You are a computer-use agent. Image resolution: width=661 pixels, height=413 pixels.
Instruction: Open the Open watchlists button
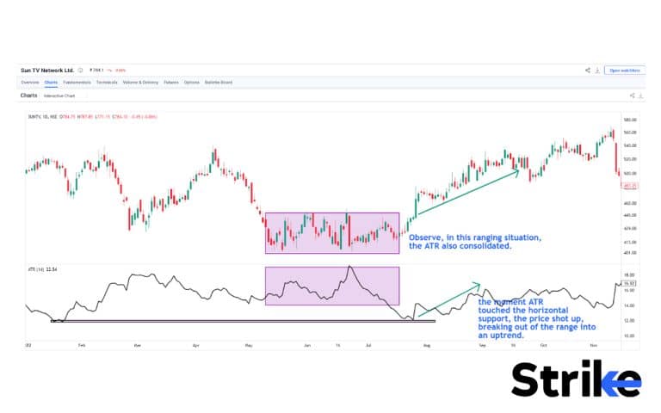pos(624,70)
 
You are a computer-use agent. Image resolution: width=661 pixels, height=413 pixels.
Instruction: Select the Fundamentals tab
pos(77,83)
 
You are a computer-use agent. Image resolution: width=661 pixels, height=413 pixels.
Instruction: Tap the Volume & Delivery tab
pos(139,83)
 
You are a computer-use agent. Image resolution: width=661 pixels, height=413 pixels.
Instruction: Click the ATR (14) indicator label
pos(36,270)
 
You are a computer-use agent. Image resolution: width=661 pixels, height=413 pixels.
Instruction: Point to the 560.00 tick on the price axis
pos(630,133)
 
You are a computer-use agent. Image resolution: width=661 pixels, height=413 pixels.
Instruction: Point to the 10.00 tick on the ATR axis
pos(629,335)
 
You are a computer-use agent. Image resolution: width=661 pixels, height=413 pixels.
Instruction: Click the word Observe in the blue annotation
pos(423,237)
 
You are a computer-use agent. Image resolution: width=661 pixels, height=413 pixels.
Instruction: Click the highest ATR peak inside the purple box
pos(349,267)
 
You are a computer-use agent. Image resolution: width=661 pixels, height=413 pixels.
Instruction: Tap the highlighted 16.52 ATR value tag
pos(629,281)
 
